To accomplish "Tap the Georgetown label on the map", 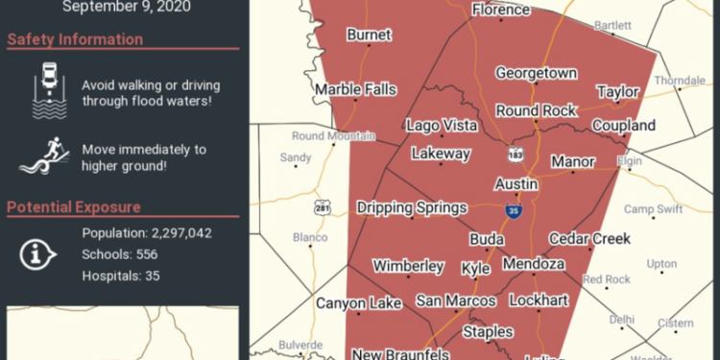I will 536,73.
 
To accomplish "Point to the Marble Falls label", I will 355,90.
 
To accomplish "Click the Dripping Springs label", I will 412,207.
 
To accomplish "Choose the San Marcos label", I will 455,301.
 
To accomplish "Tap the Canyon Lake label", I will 359,303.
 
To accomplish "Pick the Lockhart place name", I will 539,300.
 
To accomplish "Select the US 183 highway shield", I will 516,154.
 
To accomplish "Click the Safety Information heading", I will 75,40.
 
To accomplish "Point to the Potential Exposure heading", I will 74,207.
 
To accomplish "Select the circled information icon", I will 38,253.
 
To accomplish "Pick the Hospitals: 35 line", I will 121,276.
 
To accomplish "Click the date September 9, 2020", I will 127,7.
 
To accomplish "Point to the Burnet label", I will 369,36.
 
